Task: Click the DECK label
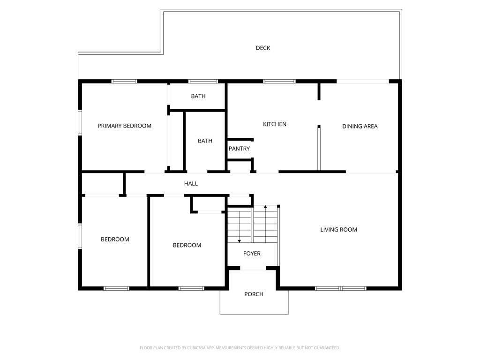pos(263,48)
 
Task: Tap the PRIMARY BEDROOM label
pos(124,126)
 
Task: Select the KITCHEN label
pos(275,124)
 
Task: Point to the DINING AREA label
pos(360,126)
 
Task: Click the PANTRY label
pos(239,149)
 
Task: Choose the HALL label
pos(191,184)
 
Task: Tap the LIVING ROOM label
pos(338,230)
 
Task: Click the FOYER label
pos(252,254)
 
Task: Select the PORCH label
pos(254,294)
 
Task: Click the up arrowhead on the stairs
pos(265,207)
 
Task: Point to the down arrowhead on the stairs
pos(240,241)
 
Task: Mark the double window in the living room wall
pos(341,288)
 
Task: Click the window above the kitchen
pos(279,82)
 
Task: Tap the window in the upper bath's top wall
pos(203,82)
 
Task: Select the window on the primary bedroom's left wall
pos(80,122)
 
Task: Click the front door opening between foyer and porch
pos(253,269)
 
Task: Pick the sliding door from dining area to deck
pos(363,82)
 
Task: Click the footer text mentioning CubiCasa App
pos(240,348)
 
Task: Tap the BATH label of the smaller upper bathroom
pos(198,96)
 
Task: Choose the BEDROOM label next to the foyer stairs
pos(187,245)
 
